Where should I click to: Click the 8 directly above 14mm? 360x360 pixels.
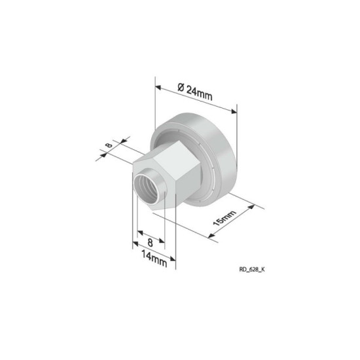click(150, 241)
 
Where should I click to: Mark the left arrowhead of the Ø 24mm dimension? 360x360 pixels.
click(158, 84)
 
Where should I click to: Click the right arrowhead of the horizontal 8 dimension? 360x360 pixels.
click(164, 240)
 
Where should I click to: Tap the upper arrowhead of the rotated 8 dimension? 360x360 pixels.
click(117, 140)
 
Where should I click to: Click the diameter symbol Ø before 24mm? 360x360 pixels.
click(181, 88)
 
